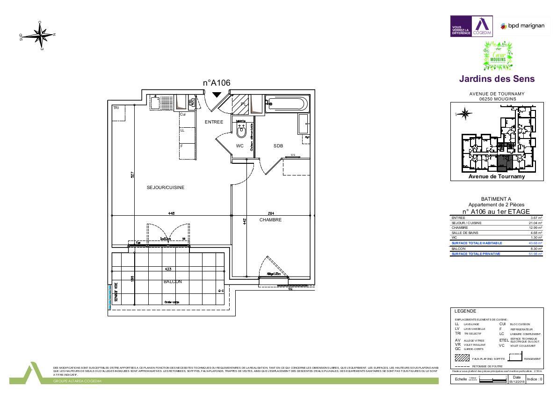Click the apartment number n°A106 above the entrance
(217, 83)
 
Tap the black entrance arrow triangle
(217, 95)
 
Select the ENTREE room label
(214, 122)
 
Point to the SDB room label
(278, 146)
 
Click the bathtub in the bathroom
(287, 103)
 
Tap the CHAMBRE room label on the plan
(270, 220)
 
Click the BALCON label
(173, 282)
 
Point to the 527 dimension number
(133, 175)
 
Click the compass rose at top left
(40, 35)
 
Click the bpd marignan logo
(522, 26)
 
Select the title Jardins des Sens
(497, 79)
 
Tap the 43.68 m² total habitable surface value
(536, 243)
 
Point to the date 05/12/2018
(516, 381)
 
